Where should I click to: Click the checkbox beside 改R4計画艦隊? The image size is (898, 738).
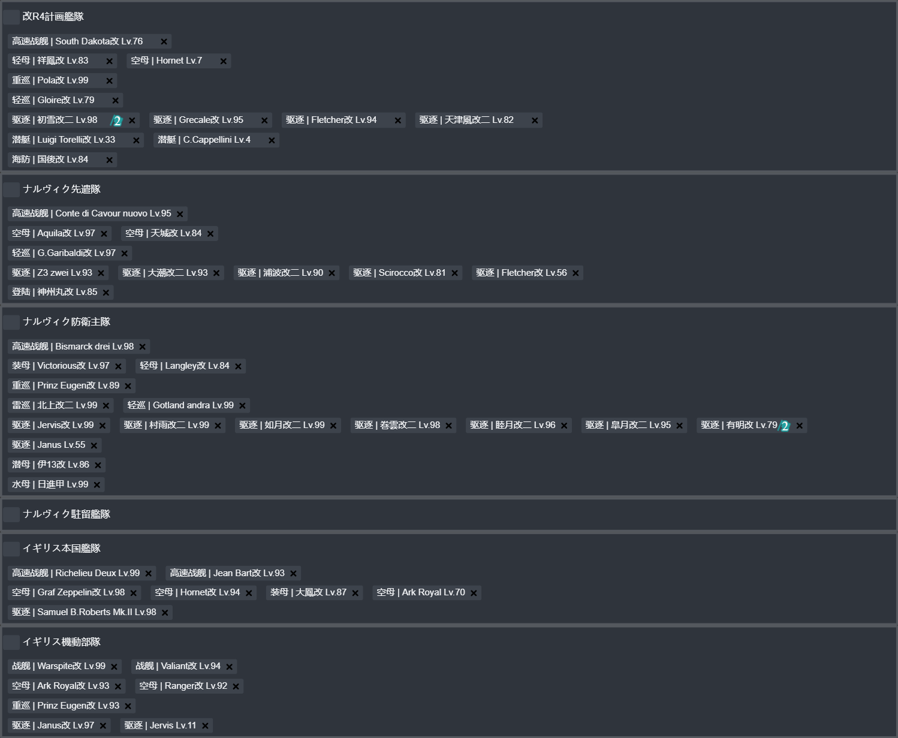tap(11, 17)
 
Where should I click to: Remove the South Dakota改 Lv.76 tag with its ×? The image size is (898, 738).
tap(164, 41)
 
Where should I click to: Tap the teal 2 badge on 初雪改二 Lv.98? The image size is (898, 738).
tap(117, 121)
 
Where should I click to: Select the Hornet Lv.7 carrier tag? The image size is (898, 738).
tap(179, 61)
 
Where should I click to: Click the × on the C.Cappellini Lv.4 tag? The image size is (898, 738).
tap(272, 140)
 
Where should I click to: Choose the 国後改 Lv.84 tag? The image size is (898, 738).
tap(62, 159)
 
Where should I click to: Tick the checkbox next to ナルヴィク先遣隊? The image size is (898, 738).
tap(11, 189)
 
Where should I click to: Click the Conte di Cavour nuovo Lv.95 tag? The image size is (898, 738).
tap(98, 214)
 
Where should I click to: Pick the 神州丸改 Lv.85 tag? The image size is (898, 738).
tap(61, 293)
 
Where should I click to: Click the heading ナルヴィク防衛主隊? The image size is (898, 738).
tap(67, 322)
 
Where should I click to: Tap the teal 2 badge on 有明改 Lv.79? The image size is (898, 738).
tap(784, 426)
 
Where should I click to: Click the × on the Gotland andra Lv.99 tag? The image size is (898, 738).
tap(242, 406)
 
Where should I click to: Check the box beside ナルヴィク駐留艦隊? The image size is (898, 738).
tap(11, 514)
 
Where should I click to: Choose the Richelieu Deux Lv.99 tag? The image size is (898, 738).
tap(82, 573)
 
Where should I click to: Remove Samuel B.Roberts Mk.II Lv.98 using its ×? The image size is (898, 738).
tap(165, 613)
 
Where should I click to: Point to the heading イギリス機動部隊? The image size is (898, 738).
tap(62, 642)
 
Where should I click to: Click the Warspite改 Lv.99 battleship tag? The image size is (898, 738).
tap(65, 667)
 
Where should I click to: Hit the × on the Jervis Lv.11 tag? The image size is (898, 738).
tap(205, 725)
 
